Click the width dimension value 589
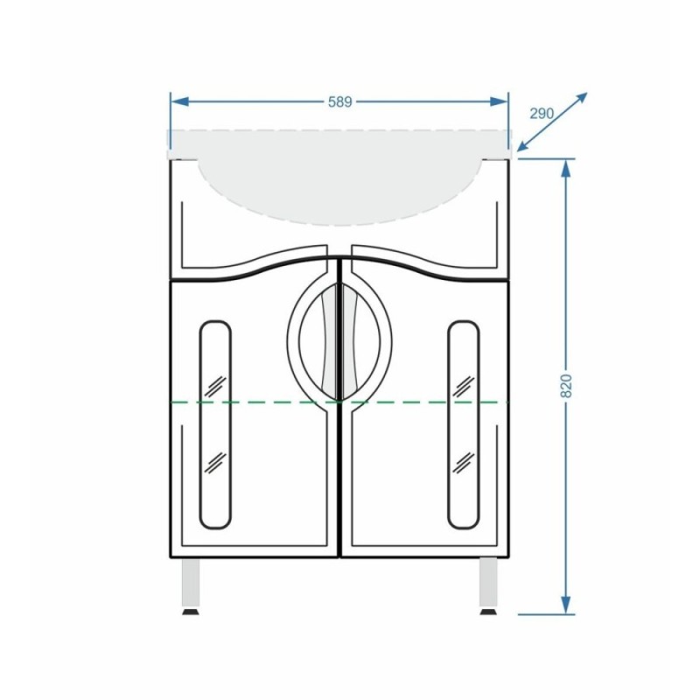pos(340,101)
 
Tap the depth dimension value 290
pos(542,114)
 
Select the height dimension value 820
pos(565,386)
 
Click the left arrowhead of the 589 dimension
pos(180,101)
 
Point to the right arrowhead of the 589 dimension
pos(499,101)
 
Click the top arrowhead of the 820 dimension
pos(565,169)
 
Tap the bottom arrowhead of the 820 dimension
pos(565,605)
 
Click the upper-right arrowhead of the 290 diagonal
pos(580,99)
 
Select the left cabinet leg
pos(191,583)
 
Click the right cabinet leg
pos(488,583)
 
